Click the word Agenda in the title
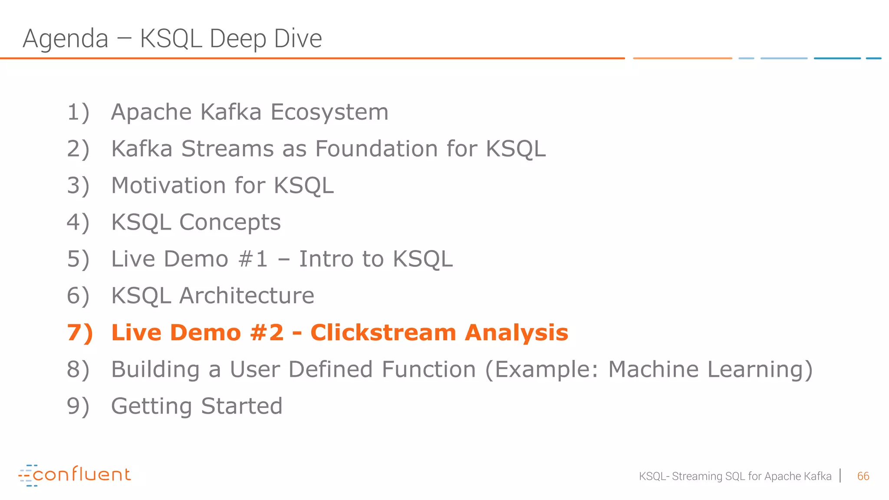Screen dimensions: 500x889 tap(65, 39)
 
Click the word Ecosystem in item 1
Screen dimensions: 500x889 tap(329, 112)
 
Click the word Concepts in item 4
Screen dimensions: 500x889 tap(230, 223)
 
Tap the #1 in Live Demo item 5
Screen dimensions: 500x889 tap(253, 259)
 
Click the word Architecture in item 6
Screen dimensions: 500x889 tap(247, 296)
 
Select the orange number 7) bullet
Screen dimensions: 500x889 tap(80, 333)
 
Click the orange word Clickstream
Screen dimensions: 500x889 tap(383, 333)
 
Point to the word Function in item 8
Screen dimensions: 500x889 tap(429, 370)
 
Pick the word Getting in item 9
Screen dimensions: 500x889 tap(151, 407)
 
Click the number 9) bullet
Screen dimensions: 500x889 tap(78, 407)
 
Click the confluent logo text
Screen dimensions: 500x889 tap(82, 475)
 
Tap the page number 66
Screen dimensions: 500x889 tap(863, 477)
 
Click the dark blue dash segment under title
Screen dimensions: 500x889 tap(837, 58)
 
